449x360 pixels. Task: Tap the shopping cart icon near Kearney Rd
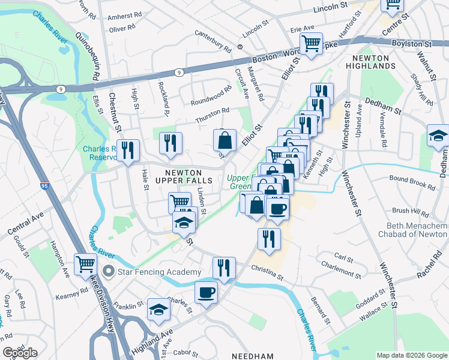86,263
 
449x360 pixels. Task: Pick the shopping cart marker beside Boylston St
311,43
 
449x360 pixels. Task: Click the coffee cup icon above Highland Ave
206,293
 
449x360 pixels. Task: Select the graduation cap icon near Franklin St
158,309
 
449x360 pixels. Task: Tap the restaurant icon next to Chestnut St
128,149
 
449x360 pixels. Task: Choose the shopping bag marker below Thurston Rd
224,141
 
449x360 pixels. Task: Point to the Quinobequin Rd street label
87,56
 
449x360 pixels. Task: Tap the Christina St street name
267,272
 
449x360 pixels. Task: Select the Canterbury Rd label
212,41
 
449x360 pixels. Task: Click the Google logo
20,353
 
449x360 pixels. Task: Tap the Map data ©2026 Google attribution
412,355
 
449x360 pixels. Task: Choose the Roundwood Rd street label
211,97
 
